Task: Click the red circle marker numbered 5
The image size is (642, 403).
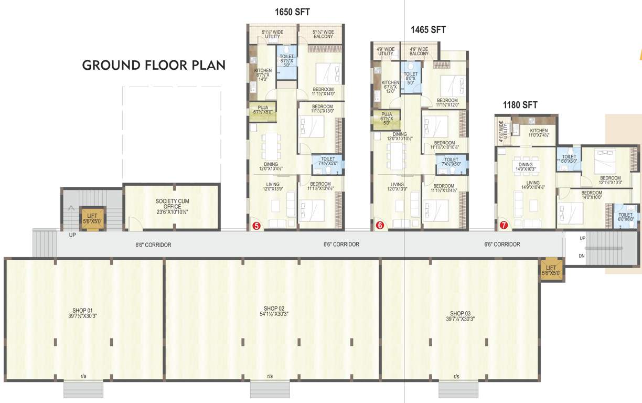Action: pos(256,226)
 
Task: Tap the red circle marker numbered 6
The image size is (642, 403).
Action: pos(380,226)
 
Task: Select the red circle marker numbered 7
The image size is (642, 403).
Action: pos(504,226)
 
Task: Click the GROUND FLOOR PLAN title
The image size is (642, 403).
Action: pos(154,66)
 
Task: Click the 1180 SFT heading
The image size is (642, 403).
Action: pos(520,105)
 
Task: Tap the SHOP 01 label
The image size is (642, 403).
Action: pos(83,312)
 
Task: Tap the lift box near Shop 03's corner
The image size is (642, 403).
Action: pos(551,270)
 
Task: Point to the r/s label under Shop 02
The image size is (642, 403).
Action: pos(270,376)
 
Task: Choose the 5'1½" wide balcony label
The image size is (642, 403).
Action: pos(324,34)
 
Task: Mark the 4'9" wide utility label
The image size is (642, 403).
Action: pos(386,51)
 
